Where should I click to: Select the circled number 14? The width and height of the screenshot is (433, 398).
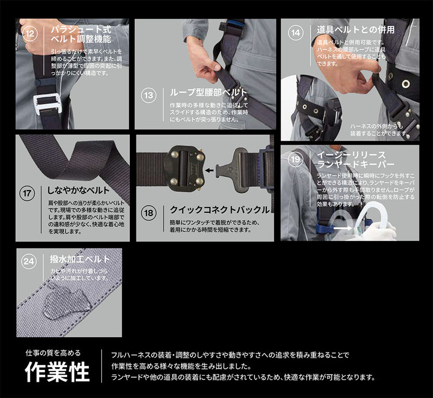(x=295, y=32)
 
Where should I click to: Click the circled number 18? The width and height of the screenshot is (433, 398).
(x=148, y=213)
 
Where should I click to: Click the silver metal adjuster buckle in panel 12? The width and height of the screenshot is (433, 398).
(x=48, y=103)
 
